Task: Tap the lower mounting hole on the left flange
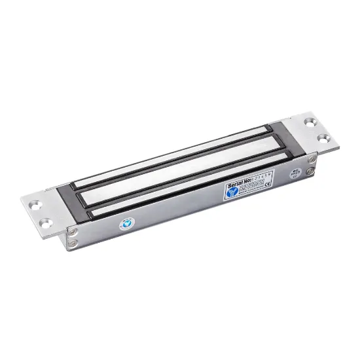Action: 45,225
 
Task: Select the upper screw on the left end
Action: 73,232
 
